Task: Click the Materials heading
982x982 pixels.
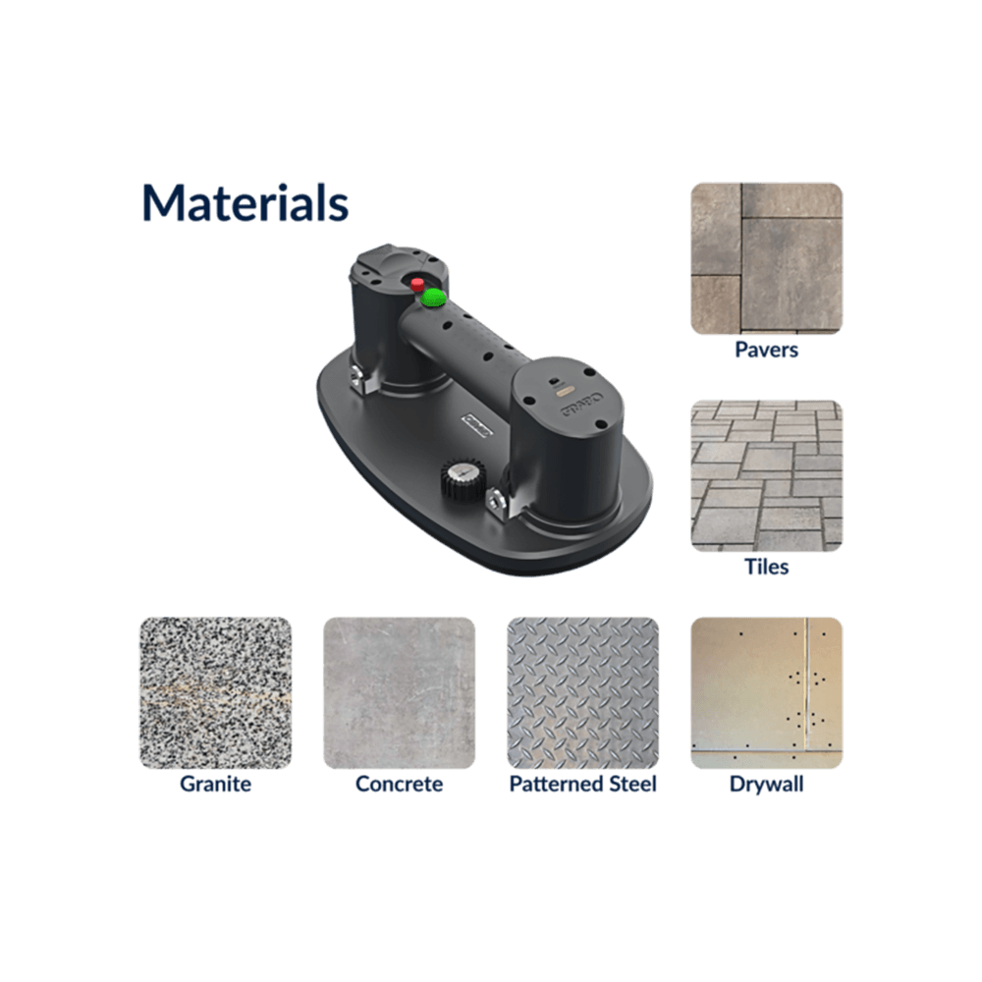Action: click(245, 203)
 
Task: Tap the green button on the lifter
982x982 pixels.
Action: click(433, 298)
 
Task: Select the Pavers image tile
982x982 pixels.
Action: click(767, 258)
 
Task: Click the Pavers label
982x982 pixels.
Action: click(767, 350)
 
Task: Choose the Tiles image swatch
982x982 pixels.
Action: click(767, 476)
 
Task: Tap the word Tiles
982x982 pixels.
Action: click(767, 567)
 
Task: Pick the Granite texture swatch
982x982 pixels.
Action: click(215, 693)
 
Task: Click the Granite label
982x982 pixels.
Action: click(215, 784)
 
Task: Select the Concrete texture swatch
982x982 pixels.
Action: click(399, 693)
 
